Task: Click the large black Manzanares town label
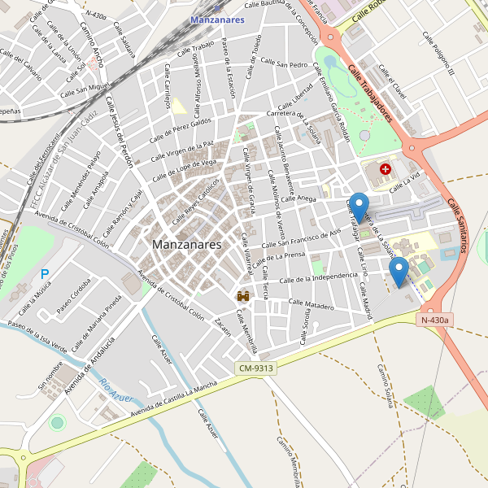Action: click(x=186, y=244)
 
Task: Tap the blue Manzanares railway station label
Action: click(x=217, y=20)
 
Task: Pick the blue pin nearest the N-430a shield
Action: click(x=398, y=271)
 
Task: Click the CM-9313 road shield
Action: click(x=256, y=368)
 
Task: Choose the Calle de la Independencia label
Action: click(x=318, y=279)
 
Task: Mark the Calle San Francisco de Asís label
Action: click(x=301, y=238)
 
